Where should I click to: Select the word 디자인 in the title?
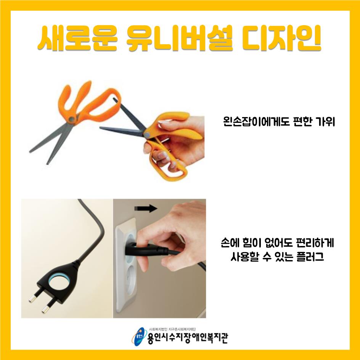click(x=281, y=39)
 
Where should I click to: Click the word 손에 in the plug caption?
click(x=230, y=243)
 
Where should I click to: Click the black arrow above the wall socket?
click(x=146, y=209)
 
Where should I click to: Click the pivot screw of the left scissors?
click(x=72, y=119)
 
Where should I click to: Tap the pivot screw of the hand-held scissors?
click(x=147, y=134)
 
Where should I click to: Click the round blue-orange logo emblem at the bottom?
click(x=139, y=337)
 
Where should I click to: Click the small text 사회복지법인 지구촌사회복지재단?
click(x=172, y=329)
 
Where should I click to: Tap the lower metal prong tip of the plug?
click(x=45, y=310)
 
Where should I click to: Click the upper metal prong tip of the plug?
click(x=32, y=299)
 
